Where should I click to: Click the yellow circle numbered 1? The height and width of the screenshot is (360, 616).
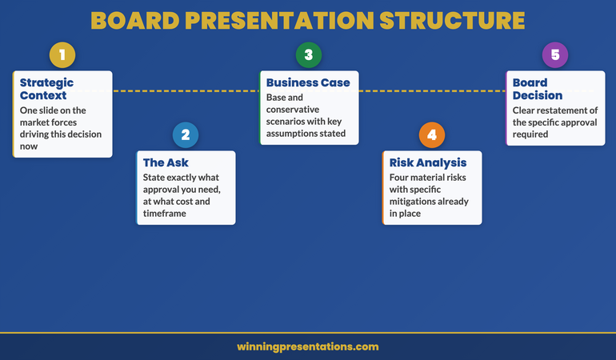(62, 55)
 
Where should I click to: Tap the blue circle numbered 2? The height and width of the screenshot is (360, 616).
(185, 134)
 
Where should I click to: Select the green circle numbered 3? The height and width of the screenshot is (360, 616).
(308, 55)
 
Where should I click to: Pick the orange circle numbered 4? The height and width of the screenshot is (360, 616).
(431, 134)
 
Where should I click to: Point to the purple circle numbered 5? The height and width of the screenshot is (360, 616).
(554, 55)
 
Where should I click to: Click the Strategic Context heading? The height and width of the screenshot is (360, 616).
(46, 89)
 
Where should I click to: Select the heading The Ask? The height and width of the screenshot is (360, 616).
(166, 163)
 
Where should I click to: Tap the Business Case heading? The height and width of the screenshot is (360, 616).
(308, 82)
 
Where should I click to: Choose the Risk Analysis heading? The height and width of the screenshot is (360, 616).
(428, 163)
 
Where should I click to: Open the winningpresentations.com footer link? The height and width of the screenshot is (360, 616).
(308, 347)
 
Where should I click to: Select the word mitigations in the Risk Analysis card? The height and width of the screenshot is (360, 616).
(416, 202)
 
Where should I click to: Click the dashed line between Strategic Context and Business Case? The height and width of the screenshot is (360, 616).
(186, 91)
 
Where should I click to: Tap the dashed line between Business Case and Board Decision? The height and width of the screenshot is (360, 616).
(432, 91)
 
